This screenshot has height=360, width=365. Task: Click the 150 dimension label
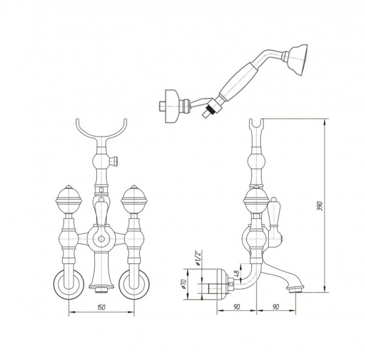(102, 307)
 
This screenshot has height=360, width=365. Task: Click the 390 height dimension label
(320, 205)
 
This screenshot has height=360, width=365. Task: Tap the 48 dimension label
(237, 273)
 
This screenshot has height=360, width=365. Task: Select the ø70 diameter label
(184, 284)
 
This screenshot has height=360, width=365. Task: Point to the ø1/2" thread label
(198, 258)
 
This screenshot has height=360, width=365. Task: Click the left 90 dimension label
(237, 307)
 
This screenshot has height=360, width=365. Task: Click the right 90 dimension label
(276, 307)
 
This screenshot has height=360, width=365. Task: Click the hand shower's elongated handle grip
(238, 80)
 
